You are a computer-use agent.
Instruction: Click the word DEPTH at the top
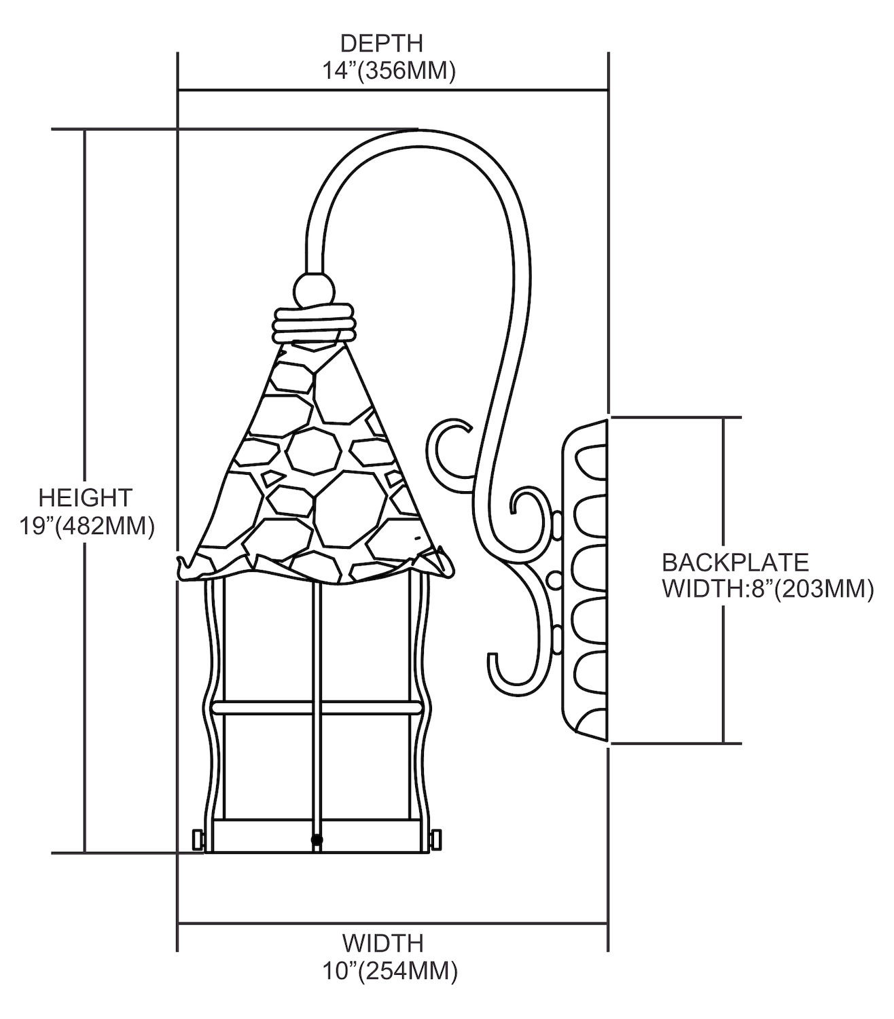click(381, 43)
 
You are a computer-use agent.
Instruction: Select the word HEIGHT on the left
click(85, 497)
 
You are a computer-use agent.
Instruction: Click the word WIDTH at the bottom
click(382, 943)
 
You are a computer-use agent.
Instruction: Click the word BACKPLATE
click(735, 562)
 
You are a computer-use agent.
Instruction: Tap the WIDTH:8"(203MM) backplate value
click(767, 588)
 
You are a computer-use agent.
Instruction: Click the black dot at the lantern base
click(316, 840)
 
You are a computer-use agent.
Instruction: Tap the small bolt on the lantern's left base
click(198, 840)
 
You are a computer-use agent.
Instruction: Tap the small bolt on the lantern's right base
click(435, 840)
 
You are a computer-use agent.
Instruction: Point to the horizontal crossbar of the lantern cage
click(316, 708)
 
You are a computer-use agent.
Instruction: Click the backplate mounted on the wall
click(584, 581)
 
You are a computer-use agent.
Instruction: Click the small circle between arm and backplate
click(554, 579)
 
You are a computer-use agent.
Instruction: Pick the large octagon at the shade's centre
click(312, 450)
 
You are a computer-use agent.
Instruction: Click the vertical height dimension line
click(85, 489)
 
